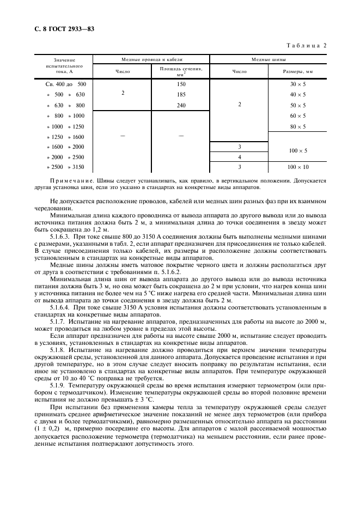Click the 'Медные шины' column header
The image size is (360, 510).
pos(269,59)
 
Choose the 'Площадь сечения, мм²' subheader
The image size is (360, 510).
pos(181,71)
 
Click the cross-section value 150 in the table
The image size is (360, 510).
pos(181,84)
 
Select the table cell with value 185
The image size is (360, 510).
pos(181,95)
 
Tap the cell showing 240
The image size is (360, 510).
pos(181,105)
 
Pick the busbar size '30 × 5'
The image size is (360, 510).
pos(298,84)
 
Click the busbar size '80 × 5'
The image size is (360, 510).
pos(298,126)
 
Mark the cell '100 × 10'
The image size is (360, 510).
pos(298,167)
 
